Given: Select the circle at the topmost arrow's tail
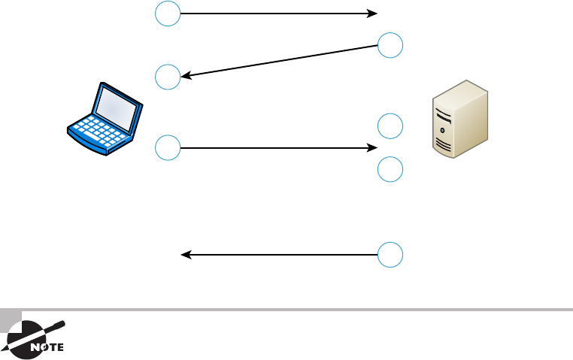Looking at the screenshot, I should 168,14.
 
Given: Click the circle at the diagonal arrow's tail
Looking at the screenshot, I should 390,46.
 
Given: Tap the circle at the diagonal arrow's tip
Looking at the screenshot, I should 168,77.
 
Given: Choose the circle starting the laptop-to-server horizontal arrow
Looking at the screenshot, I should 168,148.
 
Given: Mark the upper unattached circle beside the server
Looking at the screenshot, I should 390,126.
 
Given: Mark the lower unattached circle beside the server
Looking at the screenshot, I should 390,170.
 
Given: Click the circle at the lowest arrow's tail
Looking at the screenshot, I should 390,255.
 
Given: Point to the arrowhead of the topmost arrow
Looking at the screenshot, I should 372,14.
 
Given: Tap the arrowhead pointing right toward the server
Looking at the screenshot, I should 372,148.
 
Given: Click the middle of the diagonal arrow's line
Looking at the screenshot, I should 279,61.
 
